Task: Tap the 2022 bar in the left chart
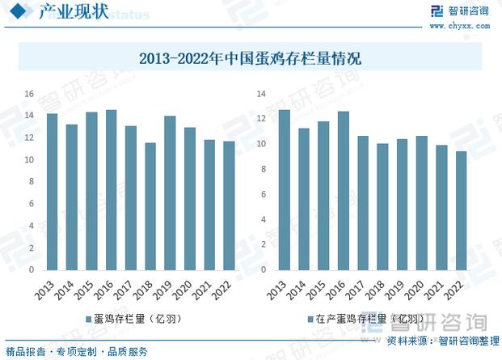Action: pos(230,205)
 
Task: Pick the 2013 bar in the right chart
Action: pos(284,189)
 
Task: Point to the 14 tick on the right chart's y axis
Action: pos(261,94)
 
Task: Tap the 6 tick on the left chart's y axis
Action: pos(31,204)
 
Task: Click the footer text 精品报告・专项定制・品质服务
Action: pos(76,351)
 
